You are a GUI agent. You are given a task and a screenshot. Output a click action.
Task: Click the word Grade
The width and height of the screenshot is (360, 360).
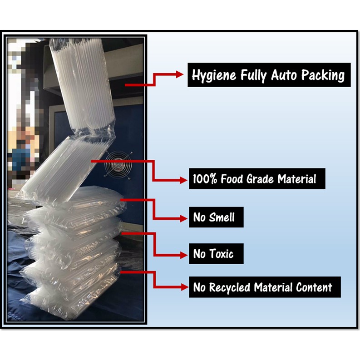point(260,179)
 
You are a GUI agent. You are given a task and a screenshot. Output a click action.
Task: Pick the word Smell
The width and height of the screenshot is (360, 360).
point(222,217)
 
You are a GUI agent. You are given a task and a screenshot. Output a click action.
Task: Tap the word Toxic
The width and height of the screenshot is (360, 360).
point(220,254)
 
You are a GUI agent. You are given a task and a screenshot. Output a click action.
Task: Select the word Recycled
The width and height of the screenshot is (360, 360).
point(231,287)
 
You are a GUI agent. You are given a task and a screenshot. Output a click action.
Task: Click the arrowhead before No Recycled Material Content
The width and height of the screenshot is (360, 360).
point(182,287)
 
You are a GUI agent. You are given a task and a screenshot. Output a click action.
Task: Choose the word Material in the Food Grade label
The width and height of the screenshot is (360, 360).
point(296,179)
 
